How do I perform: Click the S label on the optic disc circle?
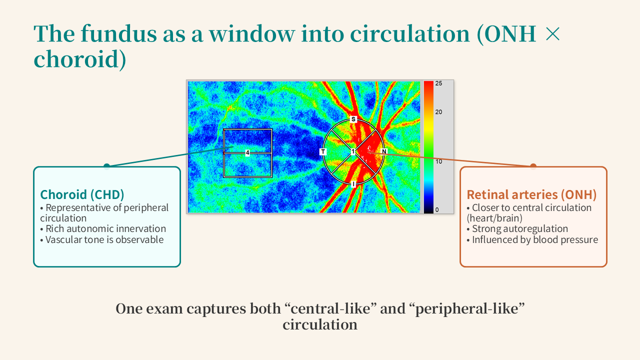pos(353,119)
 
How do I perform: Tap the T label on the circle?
pos(323,151)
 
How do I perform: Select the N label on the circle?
pos(384,151)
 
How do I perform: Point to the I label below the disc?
pos(353,184)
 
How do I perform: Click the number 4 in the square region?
pos(247,153)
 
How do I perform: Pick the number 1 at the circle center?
pos(353,151)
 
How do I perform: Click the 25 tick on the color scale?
pos(438,83)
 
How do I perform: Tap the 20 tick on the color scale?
pos(438,112)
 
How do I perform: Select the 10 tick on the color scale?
pos(438,161)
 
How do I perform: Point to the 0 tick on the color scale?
pos(437,209)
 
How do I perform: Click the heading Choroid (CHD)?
pos(82,195)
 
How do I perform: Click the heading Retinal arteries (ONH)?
pos(531,195)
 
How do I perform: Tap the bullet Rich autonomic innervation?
pos(103,229)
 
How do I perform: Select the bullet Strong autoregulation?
pos(517,229)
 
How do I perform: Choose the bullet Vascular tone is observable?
pos(102,239)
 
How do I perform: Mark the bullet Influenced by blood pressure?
pos(532,239)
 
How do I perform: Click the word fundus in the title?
pos(118,33)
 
